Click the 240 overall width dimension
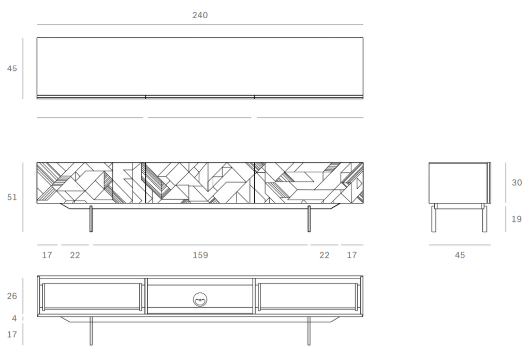coord(200,16)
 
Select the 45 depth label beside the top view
coord(12,68)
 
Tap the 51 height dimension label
coord(12,197)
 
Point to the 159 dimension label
coord(200,255)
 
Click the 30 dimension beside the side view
coord(517,183)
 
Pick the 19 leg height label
coord(517,219)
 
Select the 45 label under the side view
coord(460,255)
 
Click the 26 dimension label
coord(12,296)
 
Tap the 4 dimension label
coord(14,319)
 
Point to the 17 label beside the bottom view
coord(12,334)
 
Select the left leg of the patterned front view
coord(91,219)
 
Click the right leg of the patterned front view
coord(309,219)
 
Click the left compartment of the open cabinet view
coord(92,296)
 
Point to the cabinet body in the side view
coord(459,183)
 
